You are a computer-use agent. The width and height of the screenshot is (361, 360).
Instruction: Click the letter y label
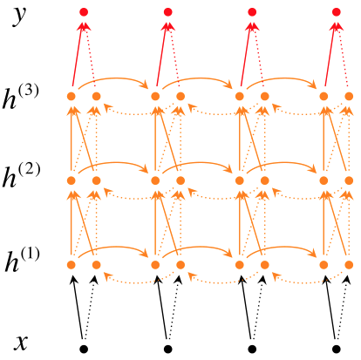pos(19,16)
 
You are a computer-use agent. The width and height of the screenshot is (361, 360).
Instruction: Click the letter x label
pos(21,343)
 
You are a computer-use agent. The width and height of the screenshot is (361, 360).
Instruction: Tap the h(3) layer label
pos(20,98)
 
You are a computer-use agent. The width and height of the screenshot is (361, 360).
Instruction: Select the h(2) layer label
pos(21,175)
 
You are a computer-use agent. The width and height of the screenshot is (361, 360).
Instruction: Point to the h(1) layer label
pos(22,260)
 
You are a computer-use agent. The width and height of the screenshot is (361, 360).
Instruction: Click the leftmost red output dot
pos(84,12)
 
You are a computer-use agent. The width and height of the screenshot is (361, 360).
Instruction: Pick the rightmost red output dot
pos(337,12)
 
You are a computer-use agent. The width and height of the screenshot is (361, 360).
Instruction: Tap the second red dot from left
pos(168,12)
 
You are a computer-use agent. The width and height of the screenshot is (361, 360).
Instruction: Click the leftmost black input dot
pos(84,349)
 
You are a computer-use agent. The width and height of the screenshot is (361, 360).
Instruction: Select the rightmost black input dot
pos(337,349)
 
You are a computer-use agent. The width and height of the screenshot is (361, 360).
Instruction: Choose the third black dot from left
pos(252,349)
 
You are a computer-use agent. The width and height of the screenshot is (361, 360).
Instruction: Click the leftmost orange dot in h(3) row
pos(72,96)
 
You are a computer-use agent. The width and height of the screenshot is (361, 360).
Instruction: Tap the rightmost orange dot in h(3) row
pos(349,96)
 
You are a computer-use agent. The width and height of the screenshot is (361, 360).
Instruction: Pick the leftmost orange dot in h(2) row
pos(72,180)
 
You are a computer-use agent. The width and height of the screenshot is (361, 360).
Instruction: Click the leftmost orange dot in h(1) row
pos(72,265)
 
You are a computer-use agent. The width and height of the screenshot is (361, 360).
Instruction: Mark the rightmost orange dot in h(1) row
pos(349,265)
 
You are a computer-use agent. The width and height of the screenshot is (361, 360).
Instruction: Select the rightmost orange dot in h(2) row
pos(349,180)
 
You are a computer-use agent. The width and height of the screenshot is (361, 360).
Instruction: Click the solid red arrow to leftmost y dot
pos(78,55)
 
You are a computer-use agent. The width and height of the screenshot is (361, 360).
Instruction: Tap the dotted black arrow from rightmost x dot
pos(341,307)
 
